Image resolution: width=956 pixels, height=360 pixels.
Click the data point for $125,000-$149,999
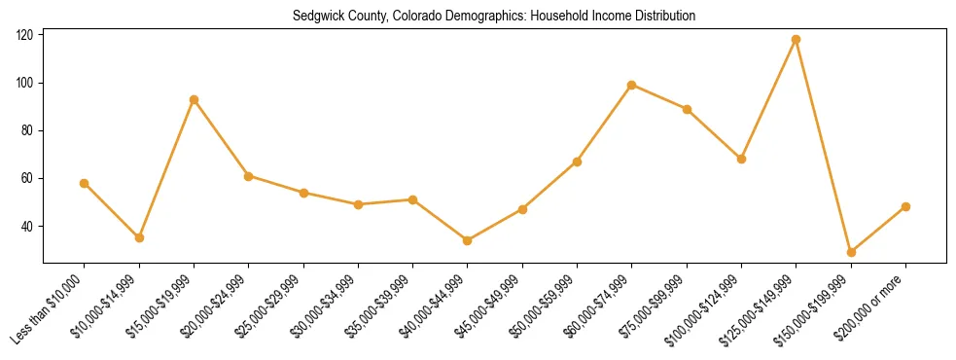click(x=797, y=40)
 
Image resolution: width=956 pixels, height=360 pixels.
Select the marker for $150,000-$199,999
click(x=851, y=252)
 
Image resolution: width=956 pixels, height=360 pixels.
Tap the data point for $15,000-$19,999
click(x=195, y=99)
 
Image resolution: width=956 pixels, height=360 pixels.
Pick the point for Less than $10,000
click(x=85, y=183)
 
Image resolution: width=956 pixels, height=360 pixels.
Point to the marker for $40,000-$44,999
click(x=468, y=240)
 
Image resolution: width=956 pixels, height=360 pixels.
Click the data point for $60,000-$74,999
click(x=632, y=85)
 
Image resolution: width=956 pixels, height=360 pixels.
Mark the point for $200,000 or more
click(x=905, y=206)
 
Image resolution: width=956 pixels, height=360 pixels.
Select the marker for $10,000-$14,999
click(x=139, y=237)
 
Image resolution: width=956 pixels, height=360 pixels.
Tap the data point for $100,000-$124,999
click(x=742, y=159)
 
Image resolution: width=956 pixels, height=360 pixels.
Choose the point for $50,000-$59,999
click(x=578, y=162)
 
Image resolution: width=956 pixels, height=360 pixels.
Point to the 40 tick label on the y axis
click(x=28, y=227)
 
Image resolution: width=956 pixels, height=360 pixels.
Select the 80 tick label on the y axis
click(x=28, y=130)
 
